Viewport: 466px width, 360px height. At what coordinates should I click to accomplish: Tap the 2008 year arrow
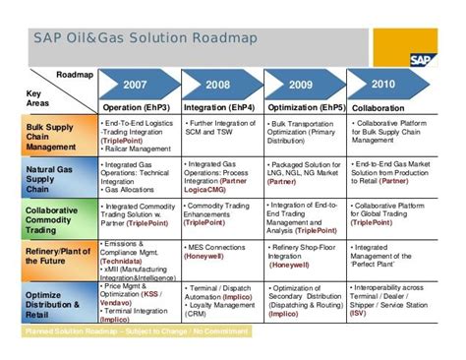[x=218, y=84]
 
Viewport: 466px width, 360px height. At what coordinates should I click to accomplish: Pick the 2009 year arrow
[x=303, y=84]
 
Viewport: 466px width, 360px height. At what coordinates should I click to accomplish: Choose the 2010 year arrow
[x=383, y=84]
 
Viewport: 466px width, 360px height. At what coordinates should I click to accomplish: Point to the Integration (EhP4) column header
[x=222, y=105]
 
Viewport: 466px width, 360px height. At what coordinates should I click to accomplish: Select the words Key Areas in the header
[x=37, y=94]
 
